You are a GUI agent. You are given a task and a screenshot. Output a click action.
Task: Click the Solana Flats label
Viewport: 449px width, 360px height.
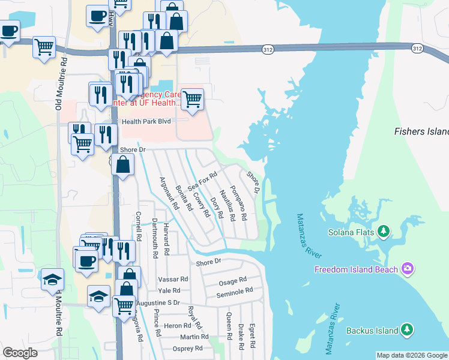click(x=351, y=232)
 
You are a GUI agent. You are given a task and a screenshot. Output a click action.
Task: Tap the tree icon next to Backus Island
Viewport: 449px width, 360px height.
click(x=408, y=330)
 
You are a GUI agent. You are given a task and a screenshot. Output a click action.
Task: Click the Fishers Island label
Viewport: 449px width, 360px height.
click(x=421, y=131)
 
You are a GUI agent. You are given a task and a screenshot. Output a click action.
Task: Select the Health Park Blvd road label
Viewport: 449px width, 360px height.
click(x=146, y=121)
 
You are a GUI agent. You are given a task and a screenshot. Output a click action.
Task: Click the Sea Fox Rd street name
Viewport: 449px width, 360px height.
click(x=202, y=181)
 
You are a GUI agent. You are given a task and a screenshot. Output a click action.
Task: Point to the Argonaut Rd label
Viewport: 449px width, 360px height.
click(x=169, y=193)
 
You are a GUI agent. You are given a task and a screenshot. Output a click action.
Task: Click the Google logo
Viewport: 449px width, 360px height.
click(x=20, y=353)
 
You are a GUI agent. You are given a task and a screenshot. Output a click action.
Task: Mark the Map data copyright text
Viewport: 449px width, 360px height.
click(x=412, y=355)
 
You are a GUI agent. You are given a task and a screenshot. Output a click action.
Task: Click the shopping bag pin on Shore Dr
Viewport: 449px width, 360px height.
click(x=123, y=164)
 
